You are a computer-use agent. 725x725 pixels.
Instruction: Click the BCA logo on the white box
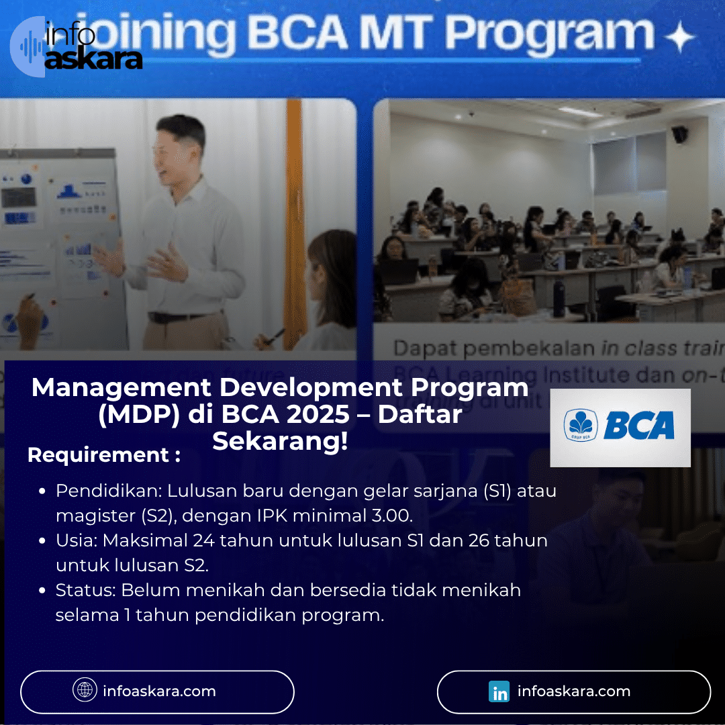point(620,427)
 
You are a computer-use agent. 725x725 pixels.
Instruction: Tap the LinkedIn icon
point(499,692)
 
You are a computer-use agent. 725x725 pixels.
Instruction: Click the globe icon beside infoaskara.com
point(85,691)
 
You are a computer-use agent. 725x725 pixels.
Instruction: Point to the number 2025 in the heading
point(318,415)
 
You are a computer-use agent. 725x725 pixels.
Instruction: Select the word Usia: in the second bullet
point(77,540)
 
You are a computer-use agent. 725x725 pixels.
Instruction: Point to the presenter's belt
point(178,318)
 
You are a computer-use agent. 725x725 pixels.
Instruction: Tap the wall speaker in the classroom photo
point(679,134)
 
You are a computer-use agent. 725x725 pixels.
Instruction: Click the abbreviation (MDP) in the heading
point(138,415)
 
